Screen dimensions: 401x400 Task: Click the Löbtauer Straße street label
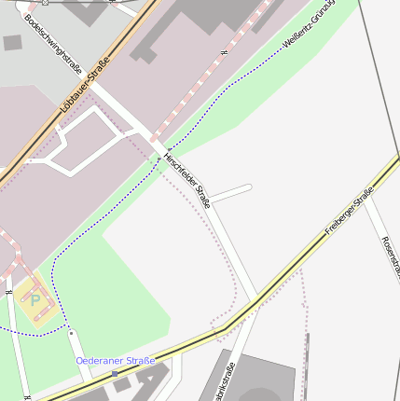[84, 87]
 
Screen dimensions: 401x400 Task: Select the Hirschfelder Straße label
[187, 178]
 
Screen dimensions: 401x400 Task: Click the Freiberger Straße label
[349, 211]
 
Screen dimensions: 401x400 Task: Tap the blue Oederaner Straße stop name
[115, 360]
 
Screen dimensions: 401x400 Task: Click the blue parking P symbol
[36, 299]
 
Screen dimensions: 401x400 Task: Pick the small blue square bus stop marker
[115, 373]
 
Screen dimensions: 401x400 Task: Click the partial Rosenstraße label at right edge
[390, 256]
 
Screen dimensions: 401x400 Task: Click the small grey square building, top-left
[12, 43]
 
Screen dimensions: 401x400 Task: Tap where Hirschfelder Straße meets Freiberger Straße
[255, 299]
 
